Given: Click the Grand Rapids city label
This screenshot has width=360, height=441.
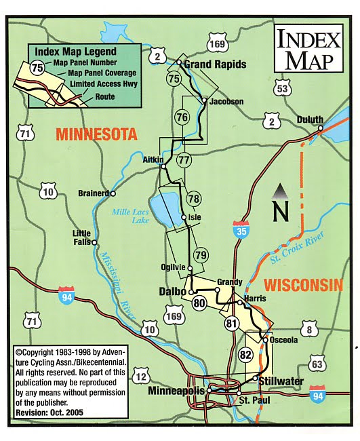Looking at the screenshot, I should point(215,65).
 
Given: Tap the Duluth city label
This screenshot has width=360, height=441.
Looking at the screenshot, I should point(310,120).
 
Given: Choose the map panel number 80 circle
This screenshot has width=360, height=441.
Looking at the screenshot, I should point(199,303).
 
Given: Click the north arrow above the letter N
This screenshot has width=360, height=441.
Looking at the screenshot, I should point(277,191).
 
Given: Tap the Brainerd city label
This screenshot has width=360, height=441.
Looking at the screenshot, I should point(93,193).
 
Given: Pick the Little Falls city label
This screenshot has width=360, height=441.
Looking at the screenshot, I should point(81,238).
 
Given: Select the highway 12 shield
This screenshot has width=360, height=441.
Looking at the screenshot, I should point(140,377).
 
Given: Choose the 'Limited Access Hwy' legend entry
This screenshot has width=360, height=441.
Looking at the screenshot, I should point(104,84).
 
